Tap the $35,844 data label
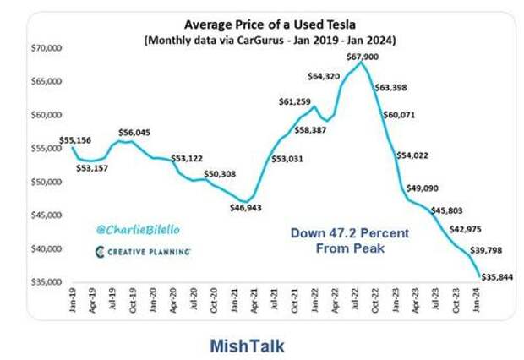496,276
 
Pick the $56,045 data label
136,132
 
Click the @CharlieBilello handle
138,229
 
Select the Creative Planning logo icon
100,252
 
